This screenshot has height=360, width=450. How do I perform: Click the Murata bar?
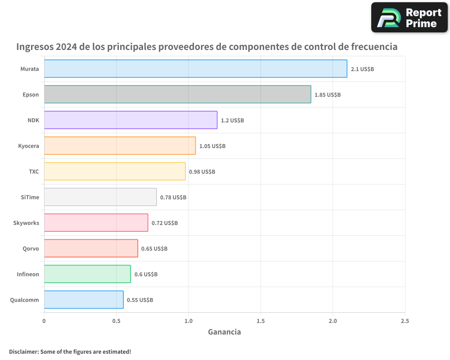[195, 69]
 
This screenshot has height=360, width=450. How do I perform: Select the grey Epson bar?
[177, 94]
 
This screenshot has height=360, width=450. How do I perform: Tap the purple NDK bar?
[130, 120]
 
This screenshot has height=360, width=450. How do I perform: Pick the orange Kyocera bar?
[120, 146]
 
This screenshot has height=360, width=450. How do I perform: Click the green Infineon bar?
[87, 274]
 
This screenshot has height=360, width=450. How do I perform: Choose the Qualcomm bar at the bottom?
[84, 300]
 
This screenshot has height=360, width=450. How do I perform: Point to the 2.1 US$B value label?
[362, 69]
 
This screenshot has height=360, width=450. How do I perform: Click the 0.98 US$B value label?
[202, 172]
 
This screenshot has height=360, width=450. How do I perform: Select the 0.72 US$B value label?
[165, 223]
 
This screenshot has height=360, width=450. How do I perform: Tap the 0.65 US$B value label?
[154, 249]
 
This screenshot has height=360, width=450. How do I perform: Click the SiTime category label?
[30, 198]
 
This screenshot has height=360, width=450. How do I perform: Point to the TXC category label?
[34, 172]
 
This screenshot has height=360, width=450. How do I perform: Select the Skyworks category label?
[26, 223]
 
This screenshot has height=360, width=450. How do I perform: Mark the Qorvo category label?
[31, 249]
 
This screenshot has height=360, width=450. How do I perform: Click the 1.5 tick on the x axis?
[261, 321]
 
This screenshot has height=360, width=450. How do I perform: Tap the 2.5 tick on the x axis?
[405, 321]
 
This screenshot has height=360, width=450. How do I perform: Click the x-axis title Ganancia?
[224, 332]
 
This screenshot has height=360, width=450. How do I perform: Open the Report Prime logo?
[409, 18]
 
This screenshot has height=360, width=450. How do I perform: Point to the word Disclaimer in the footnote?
[23, 351]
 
